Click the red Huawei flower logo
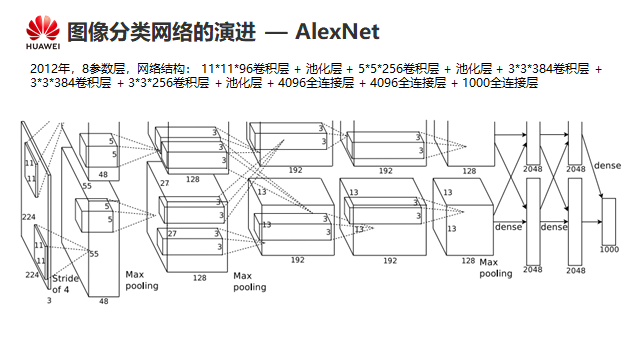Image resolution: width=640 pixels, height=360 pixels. click(43, 28)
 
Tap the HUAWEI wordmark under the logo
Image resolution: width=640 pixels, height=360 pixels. click(43, 46)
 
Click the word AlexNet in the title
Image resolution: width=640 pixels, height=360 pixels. click(337, 31)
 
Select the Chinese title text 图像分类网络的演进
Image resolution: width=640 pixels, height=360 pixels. click(162, 32)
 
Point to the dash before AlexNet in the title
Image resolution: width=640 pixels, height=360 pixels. click(276, 33)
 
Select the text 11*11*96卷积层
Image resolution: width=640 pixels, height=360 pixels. click(245, 69)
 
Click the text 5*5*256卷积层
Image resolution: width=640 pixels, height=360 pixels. click(399, 69)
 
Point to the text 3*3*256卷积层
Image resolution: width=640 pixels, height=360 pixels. click(169, 83)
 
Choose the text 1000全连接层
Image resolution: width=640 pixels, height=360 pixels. click(500, 83)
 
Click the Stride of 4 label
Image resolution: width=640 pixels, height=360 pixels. click(65, 284)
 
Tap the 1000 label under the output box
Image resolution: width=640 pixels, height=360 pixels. click(609, 249)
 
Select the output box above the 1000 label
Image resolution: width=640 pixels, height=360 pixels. click(609, 222)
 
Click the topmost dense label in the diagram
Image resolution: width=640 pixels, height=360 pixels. click(607, 166)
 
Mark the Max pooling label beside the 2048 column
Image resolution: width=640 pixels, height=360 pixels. click(496, 268)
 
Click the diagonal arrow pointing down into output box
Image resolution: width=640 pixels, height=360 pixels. click(592, 167)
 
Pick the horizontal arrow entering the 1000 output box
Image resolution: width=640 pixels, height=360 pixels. click(592, 222)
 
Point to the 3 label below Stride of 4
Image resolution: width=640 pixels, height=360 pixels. click(49, 300)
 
